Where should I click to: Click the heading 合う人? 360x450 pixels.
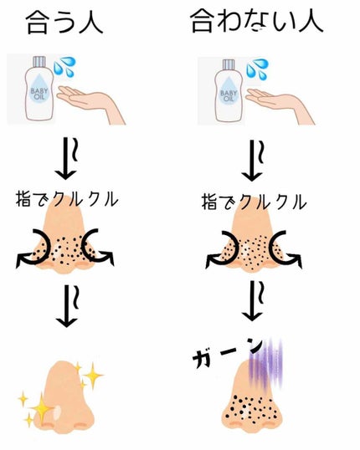tap(66, 21)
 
